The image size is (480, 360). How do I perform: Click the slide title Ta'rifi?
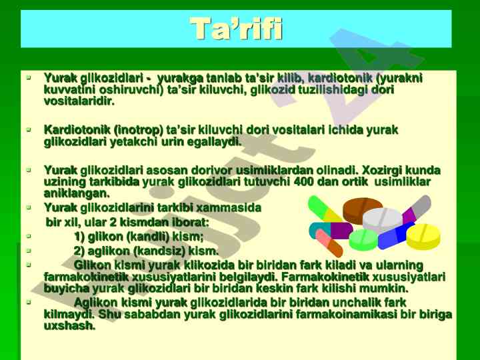[x=236, y=29]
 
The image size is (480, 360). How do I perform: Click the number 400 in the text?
[x=303, y=182]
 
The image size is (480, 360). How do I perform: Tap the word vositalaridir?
[x=79, y=101]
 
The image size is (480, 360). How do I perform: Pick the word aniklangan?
[x=77, y=193]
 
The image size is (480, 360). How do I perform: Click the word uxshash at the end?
[x=69, y=326]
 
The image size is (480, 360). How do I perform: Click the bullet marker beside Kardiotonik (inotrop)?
[x=29, y=130]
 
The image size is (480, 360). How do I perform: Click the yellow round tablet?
[x=424, y=236]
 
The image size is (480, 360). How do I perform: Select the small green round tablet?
[x=364, y=240]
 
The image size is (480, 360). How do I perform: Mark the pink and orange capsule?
[x=329, y=243]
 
